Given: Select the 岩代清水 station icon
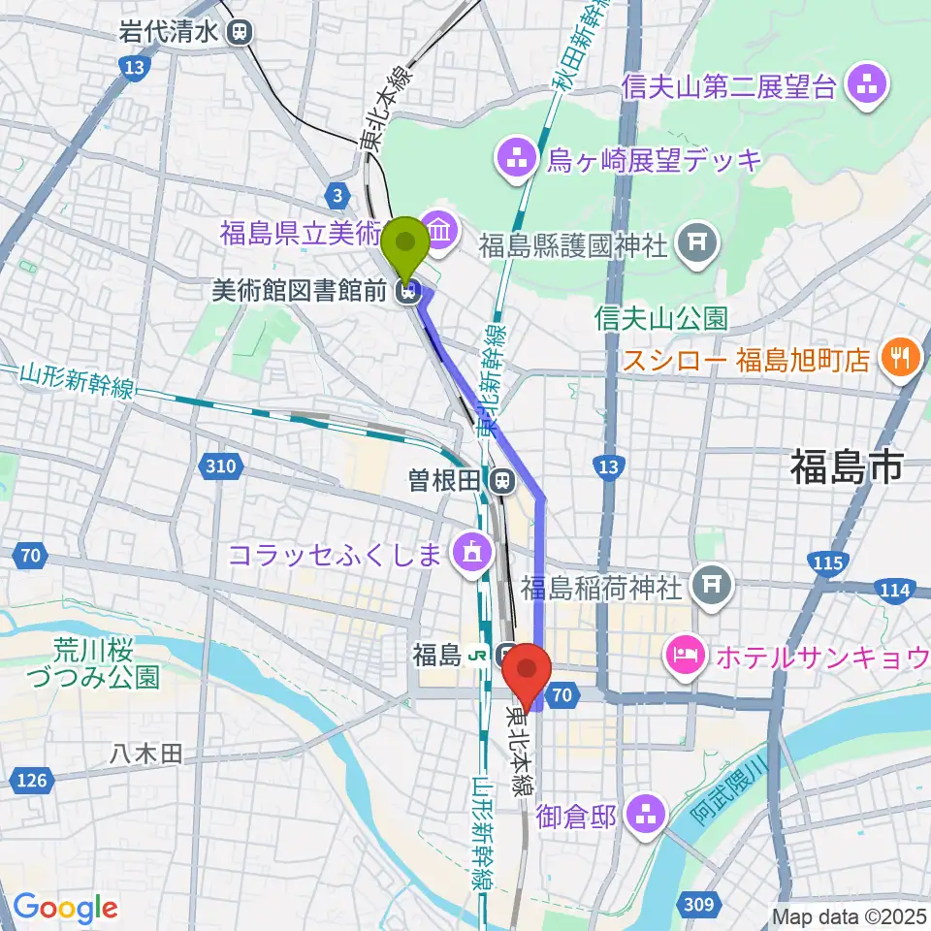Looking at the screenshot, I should tap(239, 33).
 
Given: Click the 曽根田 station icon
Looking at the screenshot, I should tap(501, 479).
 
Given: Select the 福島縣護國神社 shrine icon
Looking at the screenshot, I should tap(696, 240).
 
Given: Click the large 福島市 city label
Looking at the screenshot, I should tap(846, 468).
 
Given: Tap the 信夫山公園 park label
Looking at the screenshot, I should tap(661, 317).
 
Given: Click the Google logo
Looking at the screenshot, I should tap(65, 908).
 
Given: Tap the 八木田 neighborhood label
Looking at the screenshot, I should tap(145, 752).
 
